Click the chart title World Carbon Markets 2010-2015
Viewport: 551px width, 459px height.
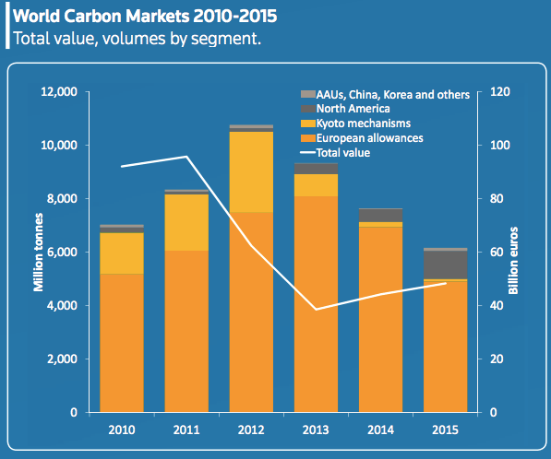[145, 17]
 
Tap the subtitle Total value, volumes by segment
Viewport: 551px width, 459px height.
[137, 39]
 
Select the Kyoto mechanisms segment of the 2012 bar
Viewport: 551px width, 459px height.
[251, 172]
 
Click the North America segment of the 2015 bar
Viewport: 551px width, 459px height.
[446, 265]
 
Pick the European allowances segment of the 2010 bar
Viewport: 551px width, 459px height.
[122, 343]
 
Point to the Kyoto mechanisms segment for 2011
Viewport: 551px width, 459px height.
[186, 222]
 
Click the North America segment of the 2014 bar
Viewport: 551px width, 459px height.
[380, 216]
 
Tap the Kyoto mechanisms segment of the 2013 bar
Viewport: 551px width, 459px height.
[316, 185]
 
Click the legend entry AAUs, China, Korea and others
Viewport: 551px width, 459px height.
[385, 94]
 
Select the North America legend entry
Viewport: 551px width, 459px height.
[345, 109]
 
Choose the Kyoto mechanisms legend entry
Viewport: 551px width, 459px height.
[355, 124]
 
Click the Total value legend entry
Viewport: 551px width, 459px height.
[335, 153]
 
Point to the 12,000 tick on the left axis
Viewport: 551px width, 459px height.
[59, 92]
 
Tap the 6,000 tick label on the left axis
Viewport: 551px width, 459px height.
[62, 252]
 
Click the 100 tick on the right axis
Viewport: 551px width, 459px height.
[499, 145]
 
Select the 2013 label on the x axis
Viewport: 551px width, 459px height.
[316, 430]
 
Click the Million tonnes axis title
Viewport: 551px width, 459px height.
[39, 253]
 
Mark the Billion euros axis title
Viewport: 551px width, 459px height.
[513, 261]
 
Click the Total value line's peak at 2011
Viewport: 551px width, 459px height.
[186, 157]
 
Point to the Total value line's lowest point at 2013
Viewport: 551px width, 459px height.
[316, 309]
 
